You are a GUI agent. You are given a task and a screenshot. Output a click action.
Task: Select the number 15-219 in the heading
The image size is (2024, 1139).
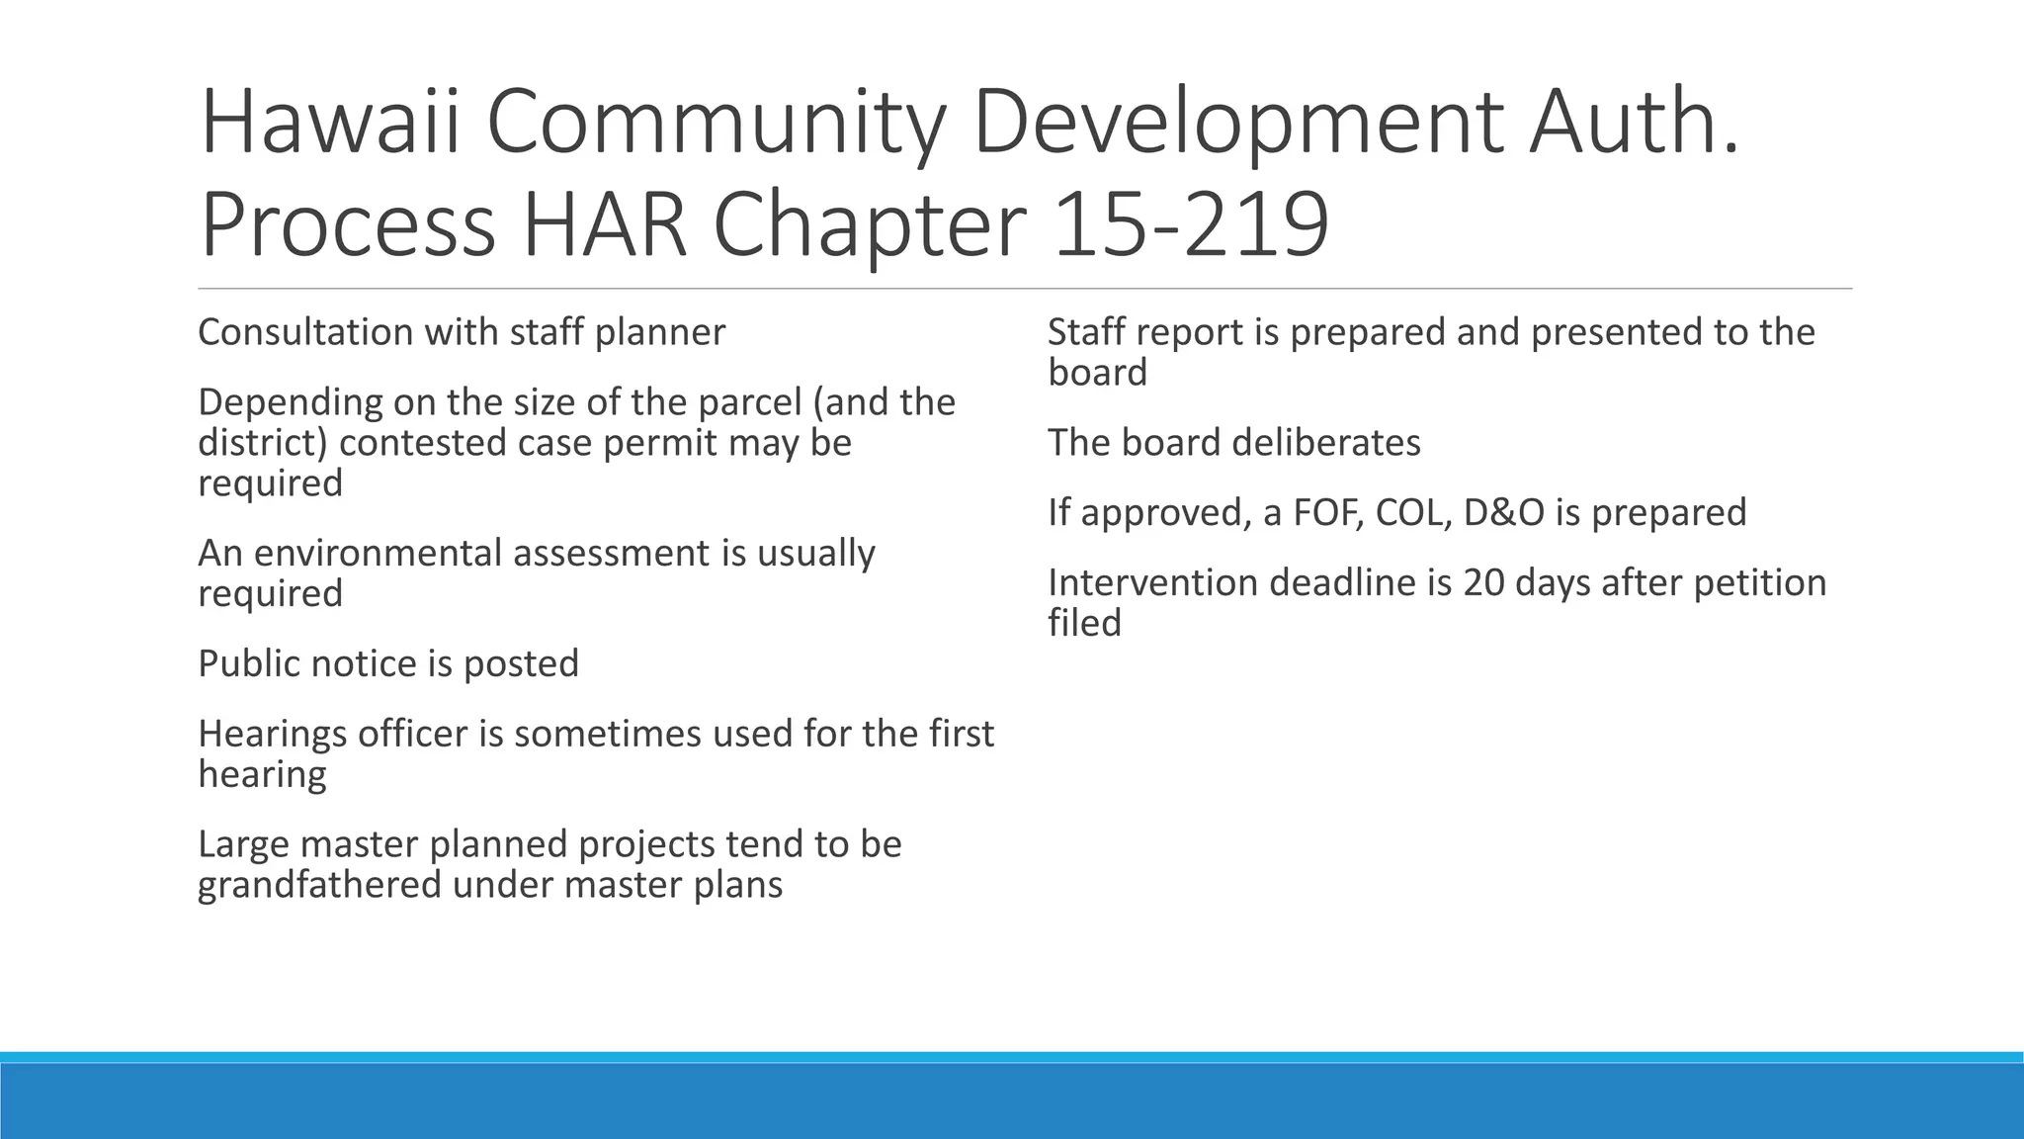(x=1191, y=225)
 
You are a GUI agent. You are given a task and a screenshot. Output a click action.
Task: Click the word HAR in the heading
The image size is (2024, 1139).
(x=604, y=225)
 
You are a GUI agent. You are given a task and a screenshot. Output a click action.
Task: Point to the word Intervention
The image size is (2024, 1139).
(x=1152, y=582)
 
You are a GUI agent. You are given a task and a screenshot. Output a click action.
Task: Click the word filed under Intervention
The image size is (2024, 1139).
(x=1084, y=623)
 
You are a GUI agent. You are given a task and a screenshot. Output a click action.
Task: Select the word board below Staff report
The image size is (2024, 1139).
(x=1097, y=373)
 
